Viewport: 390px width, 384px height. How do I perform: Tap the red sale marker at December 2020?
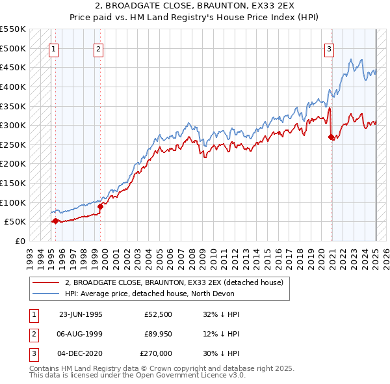point(331,137)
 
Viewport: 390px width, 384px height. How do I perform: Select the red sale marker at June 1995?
point(55,221)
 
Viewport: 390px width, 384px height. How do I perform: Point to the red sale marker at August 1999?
point(100,206)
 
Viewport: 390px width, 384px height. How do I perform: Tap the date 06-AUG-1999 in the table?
point(81,334)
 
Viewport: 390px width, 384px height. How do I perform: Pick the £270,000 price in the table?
point(156,353)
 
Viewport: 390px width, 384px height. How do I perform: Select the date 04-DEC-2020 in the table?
point(81,353)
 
